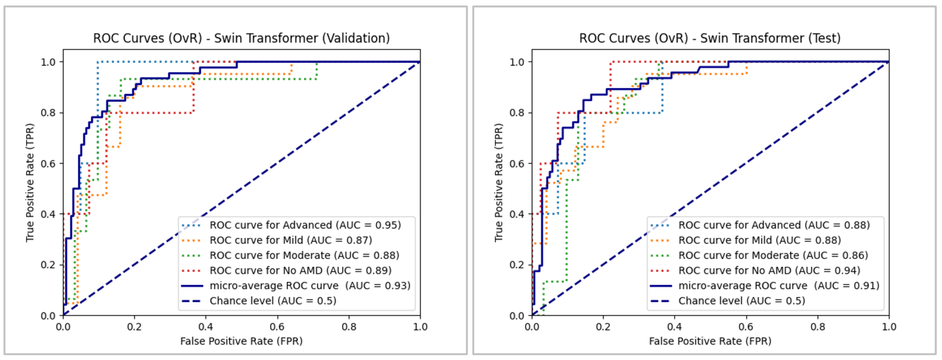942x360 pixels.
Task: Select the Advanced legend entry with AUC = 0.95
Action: pos(305,225)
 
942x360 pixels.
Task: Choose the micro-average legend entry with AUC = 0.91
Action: pos(779,286)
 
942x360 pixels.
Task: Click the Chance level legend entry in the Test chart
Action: pos(742,301)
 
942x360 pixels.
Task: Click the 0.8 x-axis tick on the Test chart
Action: pos(818,326)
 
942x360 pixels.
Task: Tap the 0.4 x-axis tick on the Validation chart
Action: pos(206,326)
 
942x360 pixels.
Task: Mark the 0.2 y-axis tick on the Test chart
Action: pos(517,265)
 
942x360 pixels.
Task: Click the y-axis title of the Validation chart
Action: pos(30,183)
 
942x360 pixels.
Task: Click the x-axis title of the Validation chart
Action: pos(241,341)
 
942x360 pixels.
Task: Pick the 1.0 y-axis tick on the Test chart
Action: pos(517,62)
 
